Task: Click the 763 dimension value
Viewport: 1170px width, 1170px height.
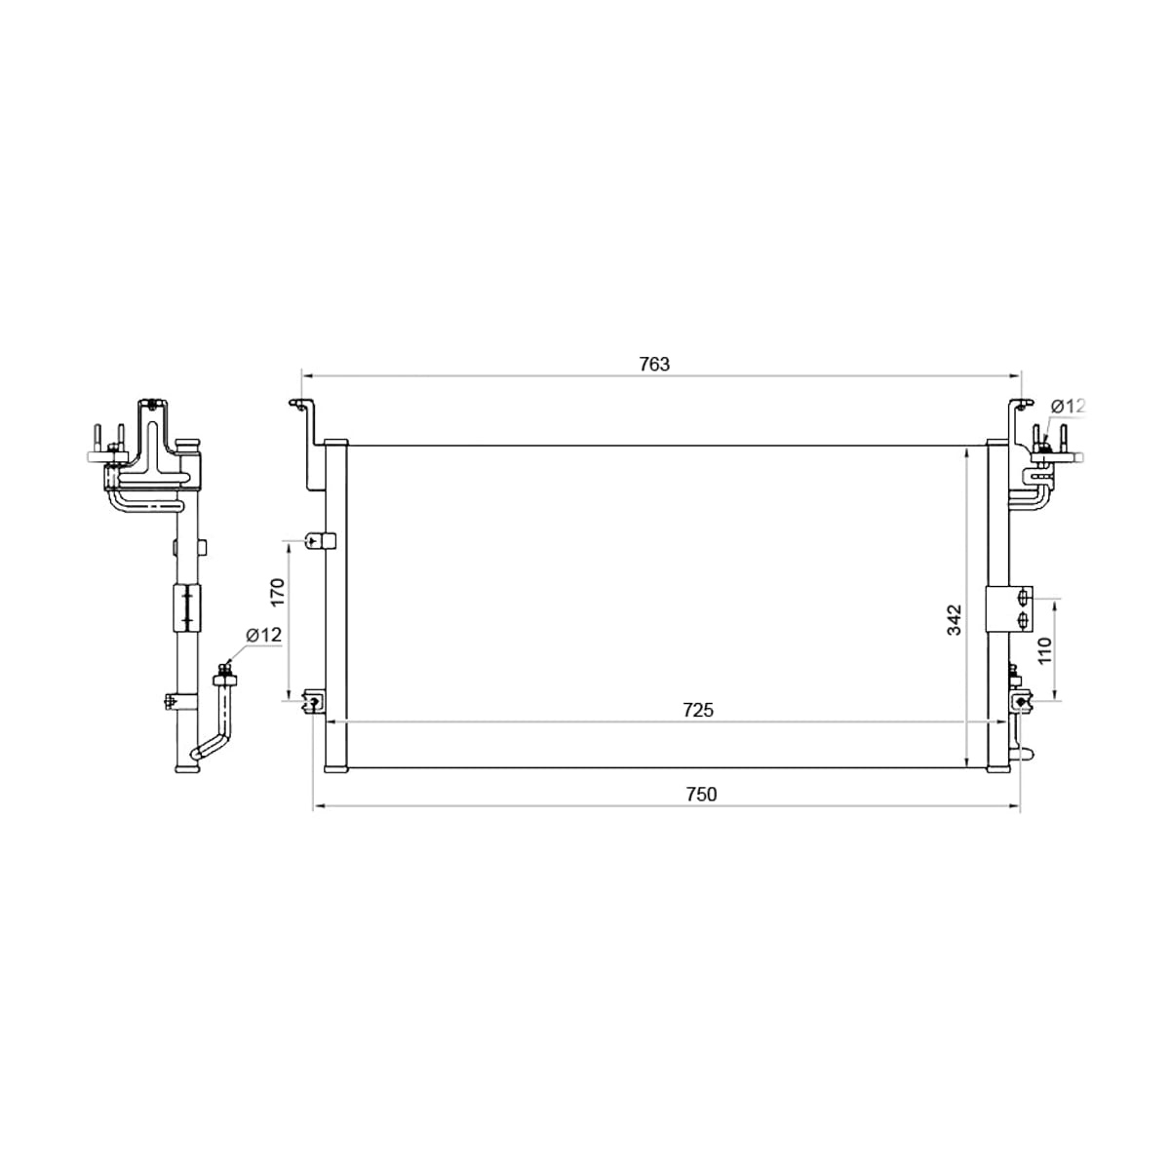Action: pyautogui.click(x=654, y=365)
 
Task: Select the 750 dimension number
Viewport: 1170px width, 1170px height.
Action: pyautogui.click(x=701, y=795)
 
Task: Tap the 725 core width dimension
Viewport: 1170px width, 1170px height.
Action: pyautogui.click(x=698, y=710)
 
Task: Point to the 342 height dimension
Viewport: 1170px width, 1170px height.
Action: pyautogui.click(x=955, y=619)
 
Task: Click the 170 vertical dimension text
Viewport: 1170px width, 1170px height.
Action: pyautogui.click(x=278, y=592)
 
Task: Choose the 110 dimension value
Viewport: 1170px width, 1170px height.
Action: pyautogui.click(x=1044, y=650)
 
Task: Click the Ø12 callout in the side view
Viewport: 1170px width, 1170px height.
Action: pyautogui.click(x=263, y=635)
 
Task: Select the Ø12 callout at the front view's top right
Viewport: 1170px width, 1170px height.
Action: pyautogui.click(x=1068, y=406)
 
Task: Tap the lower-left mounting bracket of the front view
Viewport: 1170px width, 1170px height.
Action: pyautogui.click(x=314, y=702)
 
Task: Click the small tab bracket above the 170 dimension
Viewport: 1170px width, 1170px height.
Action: pyautogui.click(x=320, y=540)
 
